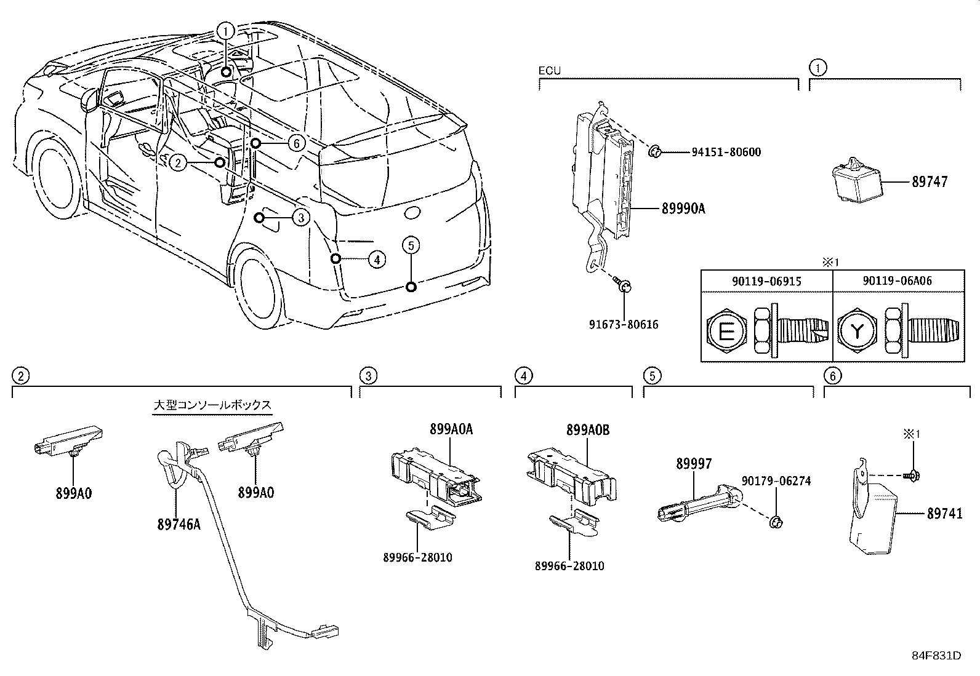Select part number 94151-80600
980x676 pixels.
717,151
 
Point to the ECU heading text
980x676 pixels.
550,70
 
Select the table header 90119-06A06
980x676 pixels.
897,280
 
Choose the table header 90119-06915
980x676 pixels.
766,280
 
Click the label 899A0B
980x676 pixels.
588,430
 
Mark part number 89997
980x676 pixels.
694,464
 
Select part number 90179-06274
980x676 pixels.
776,481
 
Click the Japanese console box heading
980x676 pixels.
212,405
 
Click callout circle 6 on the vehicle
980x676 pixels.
296,143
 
